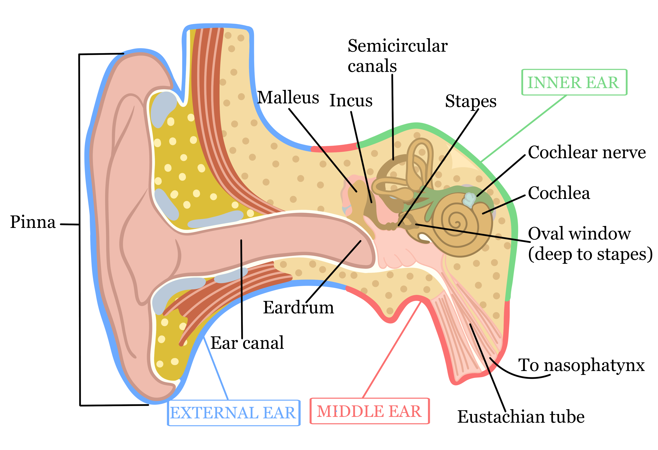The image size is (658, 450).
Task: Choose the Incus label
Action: (x=351, y=101)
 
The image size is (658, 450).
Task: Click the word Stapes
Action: (x=471, y=101)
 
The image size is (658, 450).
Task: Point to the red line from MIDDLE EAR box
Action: (x=391, y=350)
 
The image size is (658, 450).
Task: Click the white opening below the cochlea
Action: (x=424, y=237)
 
